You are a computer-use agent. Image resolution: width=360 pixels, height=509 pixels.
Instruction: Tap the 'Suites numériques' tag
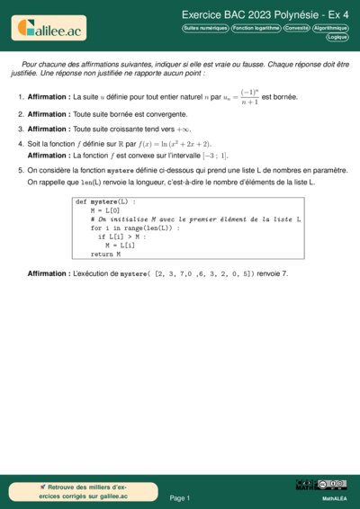tap(204, 29)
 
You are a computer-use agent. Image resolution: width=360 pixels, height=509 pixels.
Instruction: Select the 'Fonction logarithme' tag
tap(256, 29)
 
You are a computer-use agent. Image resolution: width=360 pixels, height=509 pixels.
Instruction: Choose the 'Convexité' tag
tap(296, 29)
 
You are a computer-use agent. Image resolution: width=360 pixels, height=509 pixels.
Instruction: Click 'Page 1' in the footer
tap(180, 497)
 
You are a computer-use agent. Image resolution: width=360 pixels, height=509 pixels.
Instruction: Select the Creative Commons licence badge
tap(321, 486)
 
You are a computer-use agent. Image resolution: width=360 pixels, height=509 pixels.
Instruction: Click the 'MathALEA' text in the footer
tap(335, 497)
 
